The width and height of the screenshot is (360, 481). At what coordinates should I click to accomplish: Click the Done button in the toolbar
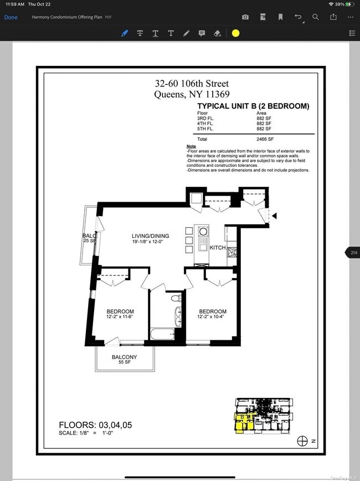tap(11, 17)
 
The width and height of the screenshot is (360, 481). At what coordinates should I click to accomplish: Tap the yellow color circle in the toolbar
tap(235, 33)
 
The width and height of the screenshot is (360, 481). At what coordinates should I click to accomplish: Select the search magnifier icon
tap(316, 17)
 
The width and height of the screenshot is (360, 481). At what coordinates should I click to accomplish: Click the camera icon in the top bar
tap(245, 17)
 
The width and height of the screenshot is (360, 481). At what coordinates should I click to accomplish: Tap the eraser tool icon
tap(217, 33)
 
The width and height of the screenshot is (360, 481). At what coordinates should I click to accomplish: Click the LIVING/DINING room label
tap(151, 236)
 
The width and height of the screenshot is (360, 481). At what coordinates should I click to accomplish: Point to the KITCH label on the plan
tap(218, 248)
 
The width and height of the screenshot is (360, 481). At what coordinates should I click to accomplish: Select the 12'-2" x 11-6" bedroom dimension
tap(120, 318)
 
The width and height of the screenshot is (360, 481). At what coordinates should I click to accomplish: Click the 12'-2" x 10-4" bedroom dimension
tap(213, 318)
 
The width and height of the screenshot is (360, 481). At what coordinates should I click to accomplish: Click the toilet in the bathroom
tap(176, 299)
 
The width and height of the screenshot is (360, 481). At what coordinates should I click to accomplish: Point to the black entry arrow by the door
tap(274, 216)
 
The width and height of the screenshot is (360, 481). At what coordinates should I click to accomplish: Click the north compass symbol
tap(302, 441)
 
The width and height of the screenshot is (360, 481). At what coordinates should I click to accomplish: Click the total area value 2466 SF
tap(265, 139)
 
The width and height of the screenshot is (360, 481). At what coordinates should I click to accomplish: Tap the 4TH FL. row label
tap(205, 124)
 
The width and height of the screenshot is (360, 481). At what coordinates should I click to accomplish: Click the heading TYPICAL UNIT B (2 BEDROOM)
tap(253, 106)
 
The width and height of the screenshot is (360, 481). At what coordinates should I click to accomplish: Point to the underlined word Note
tap(191, 146)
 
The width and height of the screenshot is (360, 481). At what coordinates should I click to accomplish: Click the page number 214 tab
tap(353, 253)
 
